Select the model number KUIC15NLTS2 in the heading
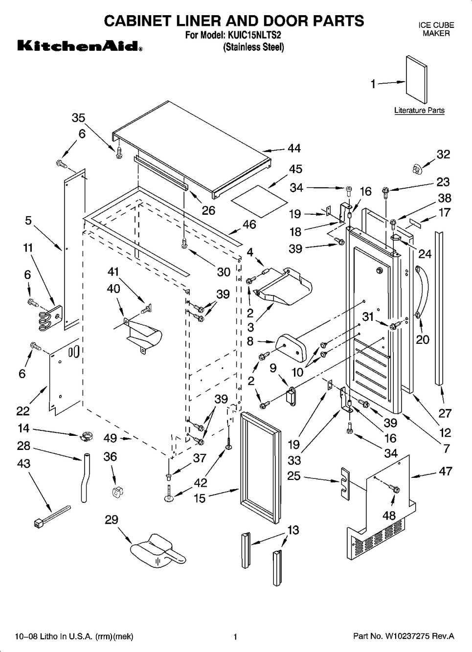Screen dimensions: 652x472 point(253,35)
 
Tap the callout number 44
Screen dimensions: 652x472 point(294,148)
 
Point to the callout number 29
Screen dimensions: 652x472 point(112,519)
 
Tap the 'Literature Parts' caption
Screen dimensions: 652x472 point(419,111)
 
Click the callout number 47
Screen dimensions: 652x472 point(446,471)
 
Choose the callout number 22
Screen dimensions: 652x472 point(23,411)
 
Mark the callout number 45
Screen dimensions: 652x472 point(295,169)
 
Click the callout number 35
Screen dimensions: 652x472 point(78,118)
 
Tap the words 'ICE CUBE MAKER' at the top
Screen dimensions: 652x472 point(436,29)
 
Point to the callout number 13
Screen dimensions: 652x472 point(293,530)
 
